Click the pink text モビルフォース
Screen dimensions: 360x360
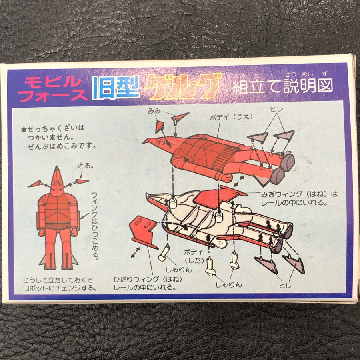click(52, 89)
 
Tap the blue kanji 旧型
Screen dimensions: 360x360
click(116, 88)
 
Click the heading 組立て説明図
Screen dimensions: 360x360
click(283, 86)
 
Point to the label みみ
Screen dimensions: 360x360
click(154, 111)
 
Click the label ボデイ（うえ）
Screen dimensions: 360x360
click(231, 117)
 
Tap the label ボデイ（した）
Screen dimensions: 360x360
click(194, 256)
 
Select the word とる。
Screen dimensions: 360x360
click(86, 165)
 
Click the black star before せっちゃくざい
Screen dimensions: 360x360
click(24, 130)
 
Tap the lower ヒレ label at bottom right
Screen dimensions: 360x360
click(285, 285)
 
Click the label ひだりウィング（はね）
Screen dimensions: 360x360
click(148, 279)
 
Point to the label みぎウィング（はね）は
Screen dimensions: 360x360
click(299, 194)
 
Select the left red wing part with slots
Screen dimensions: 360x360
click(144, 232)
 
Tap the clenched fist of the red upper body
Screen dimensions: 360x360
click(224, 178)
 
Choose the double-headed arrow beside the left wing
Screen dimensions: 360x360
click(136, 252)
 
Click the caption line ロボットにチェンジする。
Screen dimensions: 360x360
click(60, 288)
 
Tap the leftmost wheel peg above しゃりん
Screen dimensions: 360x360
click(164, 252)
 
